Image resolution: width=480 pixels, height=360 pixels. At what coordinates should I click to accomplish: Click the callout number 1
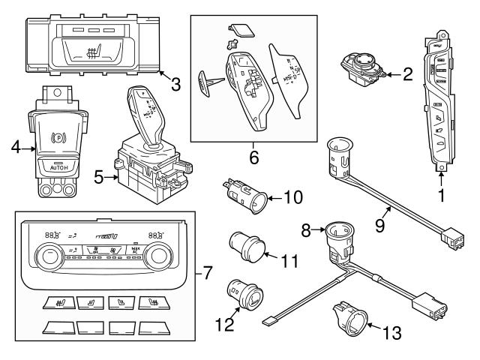(442, 197)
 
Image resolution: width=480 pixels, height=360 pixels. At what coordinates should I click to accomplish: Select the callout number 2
(408, 73)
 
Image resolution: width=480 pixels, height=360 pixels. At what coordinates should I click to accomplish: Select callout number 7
(208, 275)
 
